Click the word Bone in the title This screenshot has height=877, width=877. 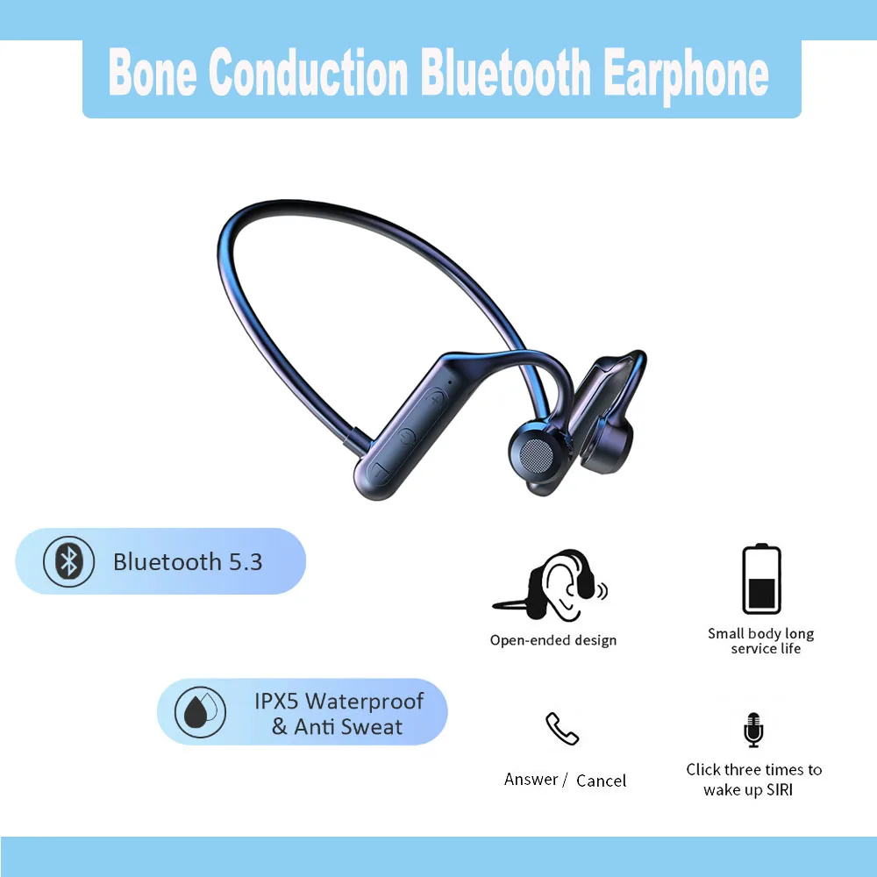pyautogui.click(x=153, y=74)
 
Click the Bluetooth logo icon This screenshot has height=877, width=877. pyautogui.click(x=68, y=561)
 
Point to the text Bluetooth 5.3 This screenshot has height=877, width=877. pyautogui.click(x=188, y=561)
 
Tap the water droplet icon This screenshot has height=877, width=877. pyautogui.click(x=200, y=712)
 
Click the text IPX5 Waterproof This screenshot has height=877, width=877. pyautogui.click(x=339, y=702)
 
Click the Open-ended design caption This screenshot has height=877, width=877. pyautogui.click(x=553, y=640)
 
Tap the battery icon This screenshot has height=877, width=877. pyautogui.click(x=761, y=580)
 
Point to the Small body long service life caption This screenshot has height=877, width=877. pyautogui.click(x=761, y=641)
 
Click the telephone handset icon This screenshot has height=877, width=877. pyautogui.click(x=562, y=729)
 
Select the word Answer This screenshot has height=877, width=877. pyautogui.click(x=531, y=779)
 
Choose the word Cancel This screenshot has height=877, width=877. pyautogui.click(x=601, y=781)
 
